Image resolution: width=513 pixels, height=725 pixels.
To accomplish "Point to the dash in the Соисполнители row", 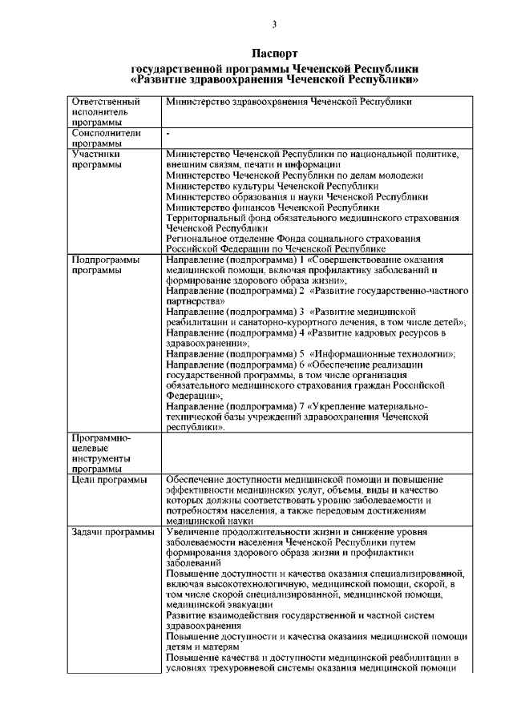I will point(168,133).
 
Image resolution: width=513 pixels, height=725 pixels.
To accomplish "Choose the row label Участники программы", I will point(96,159).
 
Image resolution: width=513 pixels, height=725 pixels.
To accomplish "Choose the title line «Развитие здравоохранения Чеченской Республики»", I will point(275,81).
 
